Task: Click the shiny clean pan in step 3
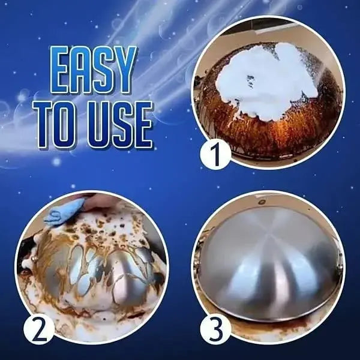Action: coord(270,258)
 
